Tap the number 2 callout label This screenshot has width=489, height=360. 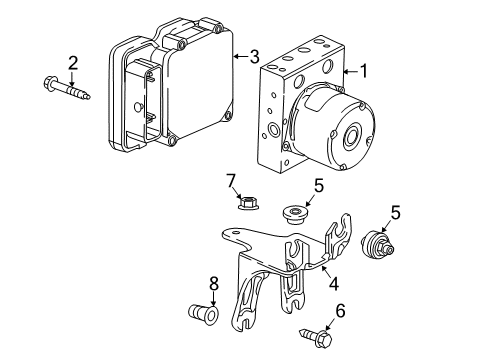[x=72, y=63]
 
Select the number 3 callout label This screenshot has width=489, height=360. [x=255, y=56]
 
